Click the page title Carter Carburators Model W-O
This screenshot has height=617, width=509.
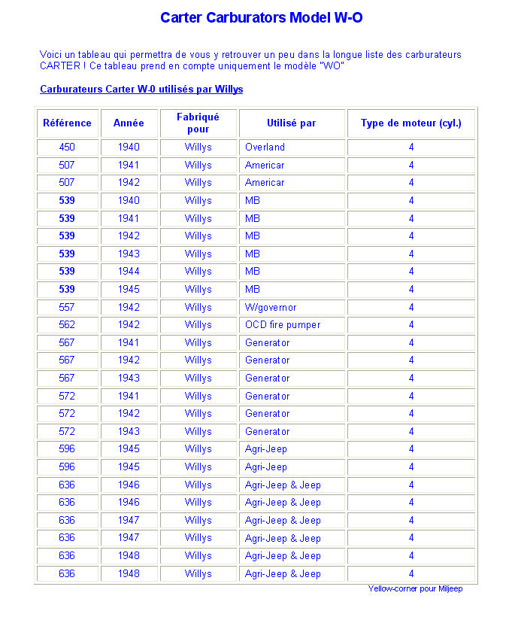click(x=261, y=17)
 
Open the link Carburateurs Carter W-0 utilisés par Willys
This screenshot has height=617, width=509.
click(x=141, y=89)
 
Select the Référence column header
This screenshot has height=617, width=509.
click(x=67, y=123)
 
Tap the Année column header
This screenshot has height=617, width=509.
click(x=129, y=123)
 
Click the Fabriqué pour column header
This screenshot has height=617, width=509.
click(x=198, y=123)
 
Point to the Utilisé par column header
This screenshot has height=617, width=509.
click(x=291, y=123)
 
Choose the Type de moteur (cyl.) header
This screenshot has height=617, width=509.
click(x=411, y=123)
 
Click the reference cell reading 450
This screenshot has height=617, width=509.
click(x=67, y=147)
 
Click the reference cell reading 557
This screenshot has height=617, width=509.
click(x=67, y=307)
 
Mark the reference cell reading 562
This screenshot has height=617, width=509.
click(x=67, y=325)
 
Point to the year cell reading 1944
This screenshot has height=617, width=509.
click(x=129, y=271)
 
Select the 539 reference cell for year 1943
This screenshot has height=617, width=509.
click(x=67, y=254)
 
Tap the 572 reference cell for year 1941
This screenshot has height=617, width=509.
click(x=67, y=396)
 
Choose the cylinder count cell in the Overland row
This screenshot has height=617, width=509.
click(x=411, y=147)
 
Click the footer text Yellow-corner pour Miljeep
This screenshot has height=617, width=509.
click(x=415, y=588)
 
